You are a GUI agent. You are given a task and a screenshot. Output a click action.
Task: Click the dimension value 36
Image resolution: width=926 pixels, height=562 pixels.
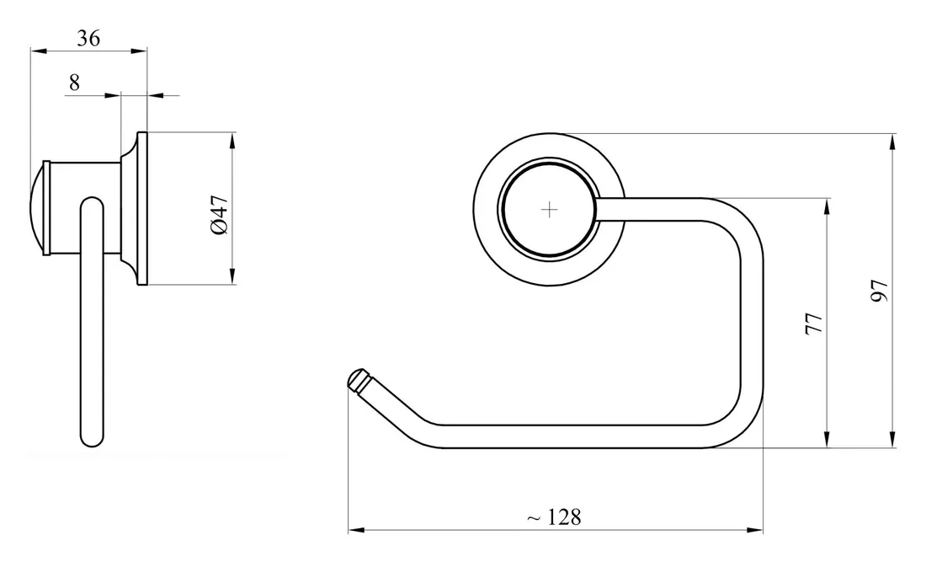pyautogui.click(x=88, y=38)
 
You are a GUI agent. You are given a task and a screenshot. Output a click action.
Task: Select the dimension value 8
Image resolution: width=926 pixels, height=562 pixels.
pyautogui.click(x=74, y=82)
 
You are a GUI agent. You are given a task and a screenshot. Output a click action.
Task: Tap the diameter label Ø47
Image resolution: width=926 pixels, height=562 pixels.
pyautogui.click(x=219, y=215)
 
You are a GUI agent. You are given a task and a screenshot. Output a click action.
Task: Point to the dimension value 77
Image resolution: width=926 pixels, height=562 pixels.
pyautogui.click(x=814, y=324)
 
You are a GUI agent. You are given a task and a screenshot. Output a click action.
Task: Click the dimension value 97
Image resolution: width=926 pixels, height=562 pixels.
pyautogui.click(x=880, y=291)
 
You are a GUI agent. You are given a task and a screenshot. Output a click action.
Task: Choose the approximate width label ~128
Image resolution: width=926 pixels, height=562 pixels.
pyautogui.click(x=553, y=517)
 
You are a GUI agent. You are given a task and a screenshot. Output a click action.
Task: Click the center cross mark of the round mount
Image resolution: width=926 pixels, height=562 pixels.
pyautogui.click(x=549, y=210)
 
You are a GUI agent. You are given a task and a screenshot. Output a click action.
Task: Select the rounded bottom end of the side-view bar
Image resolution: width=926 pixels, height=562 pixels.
pyautogui.click(x=93, y=437)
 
